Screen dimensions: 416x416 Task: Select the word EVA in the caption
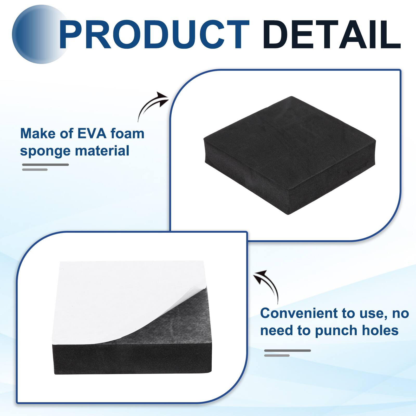tap(92, 134)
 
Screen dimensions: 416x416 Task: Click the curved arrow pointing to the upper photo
tap(152, 105)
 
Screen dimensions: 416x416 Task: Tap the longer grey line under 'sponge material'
tap(45, 165)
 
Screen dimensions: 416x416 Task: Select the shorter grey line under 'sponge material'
tap(35, 170)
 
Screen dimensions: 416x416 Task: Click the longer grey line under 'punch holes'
tap(288, 350)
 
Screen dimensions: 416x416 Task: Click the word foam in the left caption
tap(127, 134)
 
